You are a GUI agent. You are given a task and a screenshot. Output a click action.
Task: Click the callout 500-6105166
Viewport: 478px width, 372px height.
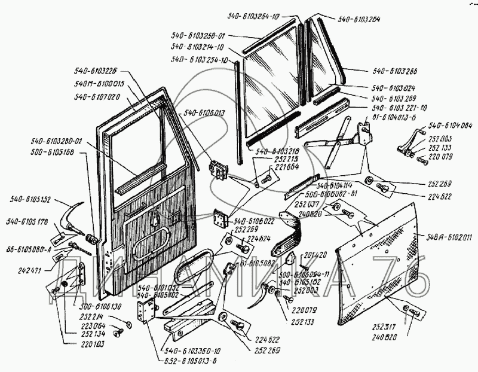pyautogui.click(x=51, y=152)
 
